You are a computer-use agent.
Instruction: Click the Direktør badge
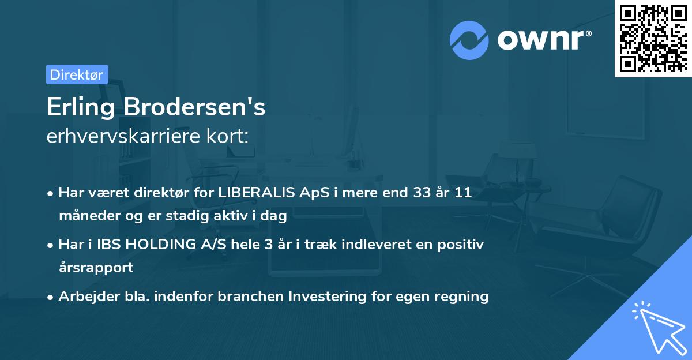(77, 74)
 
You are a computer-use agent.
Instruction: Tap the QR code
(653, 38)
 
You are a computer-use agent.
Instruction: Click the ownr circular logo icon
(469, 40)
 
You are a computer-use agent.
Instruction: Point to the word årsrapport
(96, 267)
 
